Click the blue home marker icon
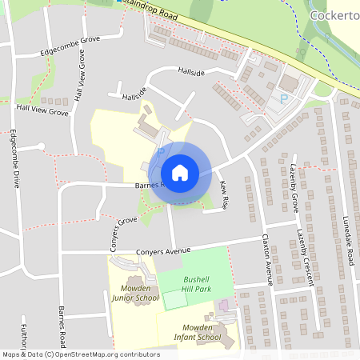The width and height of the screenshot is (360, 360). tap(179, 172)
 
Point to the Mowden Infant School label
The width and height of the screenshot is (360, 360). tap(197, 333)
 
